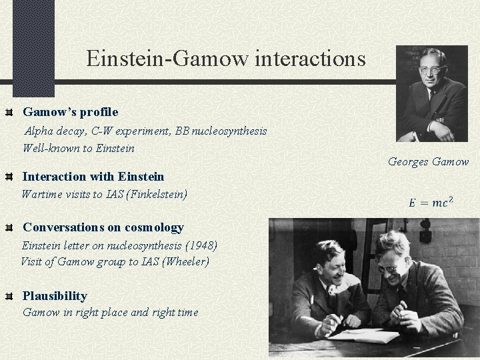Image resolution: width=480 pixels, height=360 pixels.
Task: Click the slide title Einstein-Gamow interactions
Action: point(225,59)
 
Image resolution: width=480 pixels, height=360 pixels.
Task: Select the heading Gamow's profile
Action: point(70,111)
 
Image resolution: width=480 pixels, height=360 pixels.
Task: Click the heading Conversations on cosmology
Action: point(103,227)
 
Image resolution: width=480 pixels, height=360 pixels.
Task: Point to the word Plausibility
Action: point(55,295)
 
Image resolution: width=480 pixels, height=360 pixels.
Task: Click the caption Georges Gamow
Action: point(428,161)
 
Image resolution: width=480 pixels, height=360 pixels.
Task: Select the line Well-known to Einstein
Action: point(79,148)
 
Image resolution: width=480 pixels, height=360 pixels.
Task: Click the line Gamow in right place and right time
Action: point(110,312)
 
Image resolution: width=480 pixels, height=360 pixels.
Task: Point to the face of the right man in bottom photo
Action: point(391,262)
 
